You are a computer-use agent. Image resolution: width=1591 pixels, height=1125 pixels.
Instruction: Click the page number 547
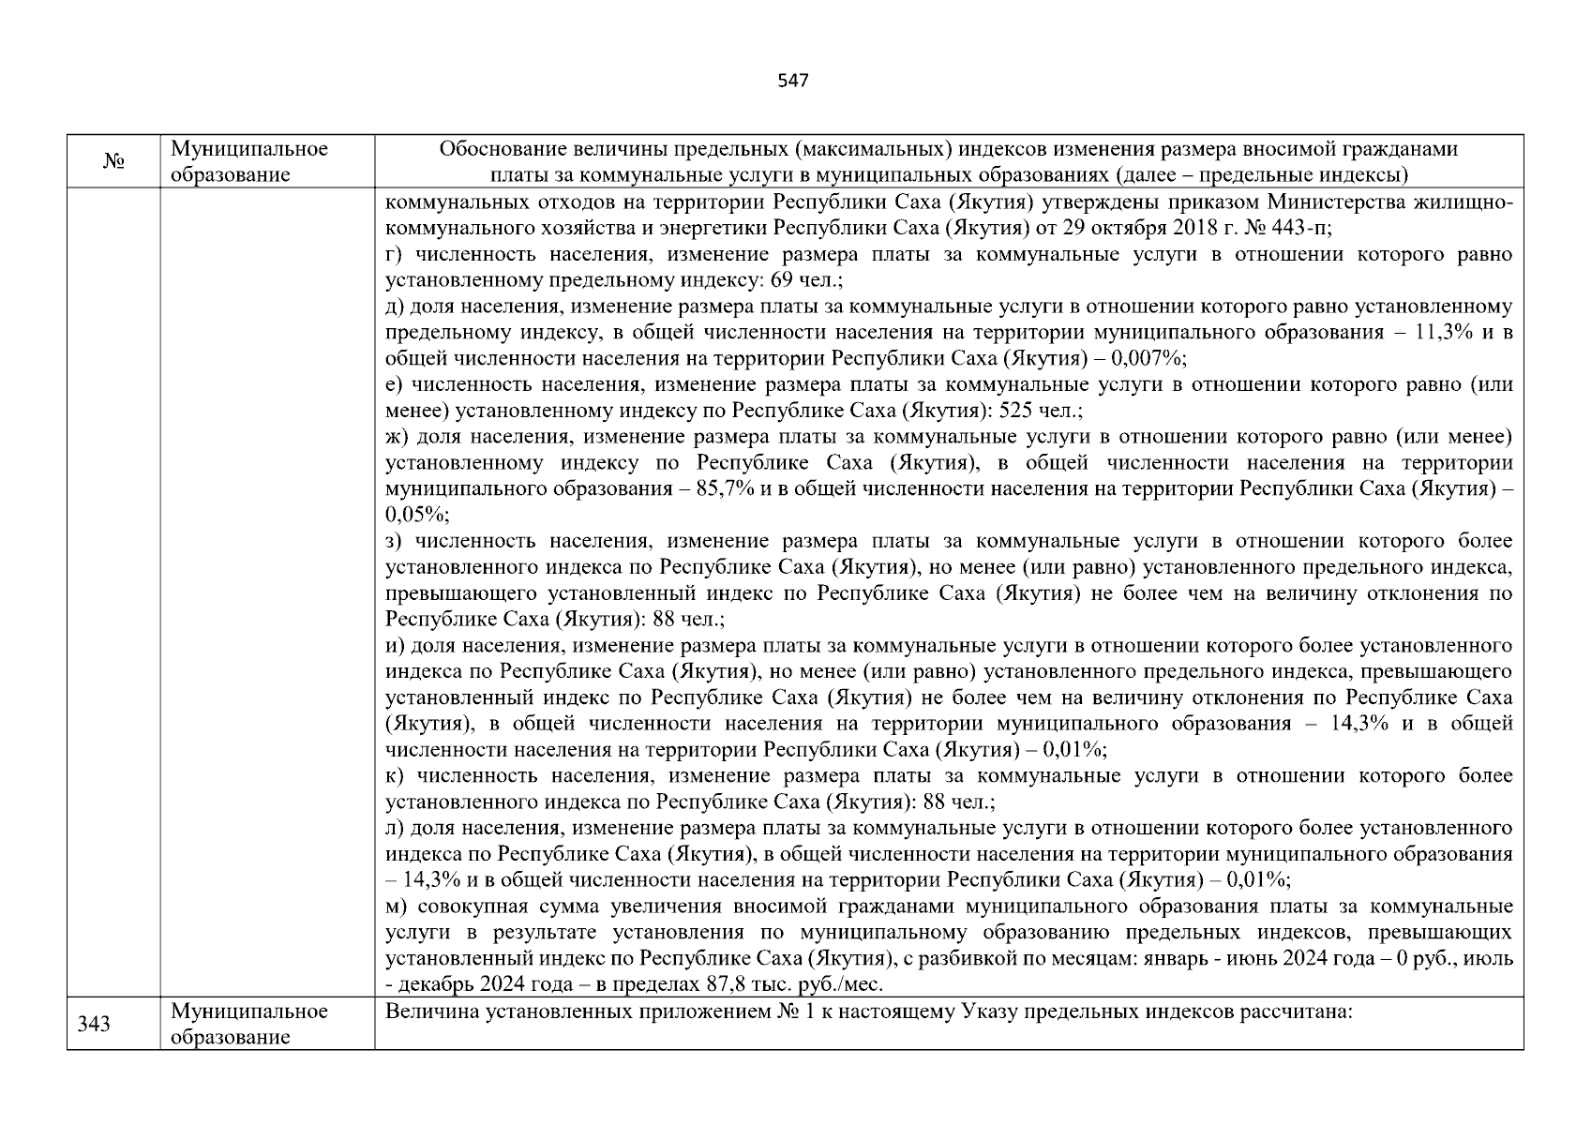pos(793,81)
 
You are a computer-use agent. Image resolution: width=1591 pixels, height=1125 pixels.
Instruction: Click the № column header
pos(113,162)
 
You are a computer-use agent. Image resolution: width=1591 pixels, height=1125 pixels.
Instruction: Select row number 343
pos(94,1024)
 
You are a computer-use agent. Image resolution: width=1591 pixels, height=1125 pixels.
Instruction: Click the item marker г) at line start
pos(395,255)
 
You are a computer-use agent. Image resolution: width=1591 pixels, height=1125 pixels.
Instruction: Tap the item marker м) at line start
pos(397,907)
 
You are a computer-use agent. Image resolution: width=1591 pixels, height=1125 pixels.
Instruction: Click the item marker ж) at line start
pos(398,437)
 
